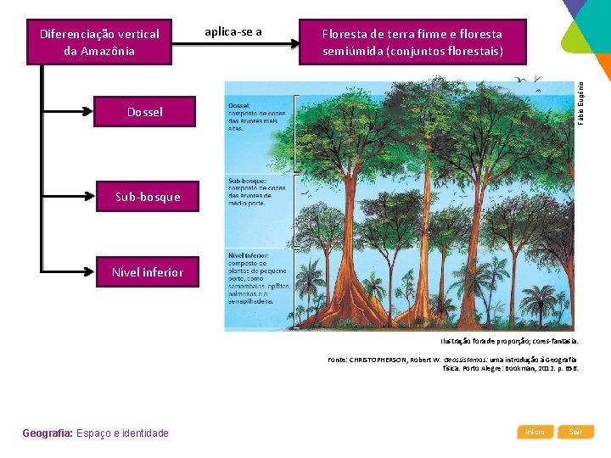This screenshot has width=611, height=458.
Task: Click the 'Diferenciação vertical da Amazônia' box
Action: (99, 42)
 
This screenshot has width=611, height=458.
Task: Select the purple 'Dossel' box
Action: (144, 112)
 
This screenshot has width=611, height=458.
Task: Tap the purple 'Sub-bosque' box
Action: (148, 197)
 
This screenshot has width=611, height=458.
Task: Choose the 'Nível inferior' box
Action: (147, 272)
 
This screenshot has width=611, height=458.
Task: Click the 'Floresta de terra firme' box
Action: (412, 42)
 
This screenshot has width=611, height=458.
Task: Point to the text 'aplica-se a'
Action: (233, 32)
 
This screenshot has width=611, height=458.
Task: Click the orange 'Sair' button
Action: (575, 432)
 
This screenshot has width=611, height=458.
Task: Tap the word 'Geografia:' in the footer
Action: (48, 433)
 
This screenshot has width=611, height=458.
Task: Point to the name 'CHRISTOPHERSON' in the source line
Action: (381, 360)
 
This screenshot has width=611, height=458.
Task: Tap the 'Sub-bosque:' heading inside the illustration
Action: (245, 180)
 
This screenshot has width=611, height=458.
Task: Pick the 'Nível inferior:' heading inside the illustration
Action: (249, 254)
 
